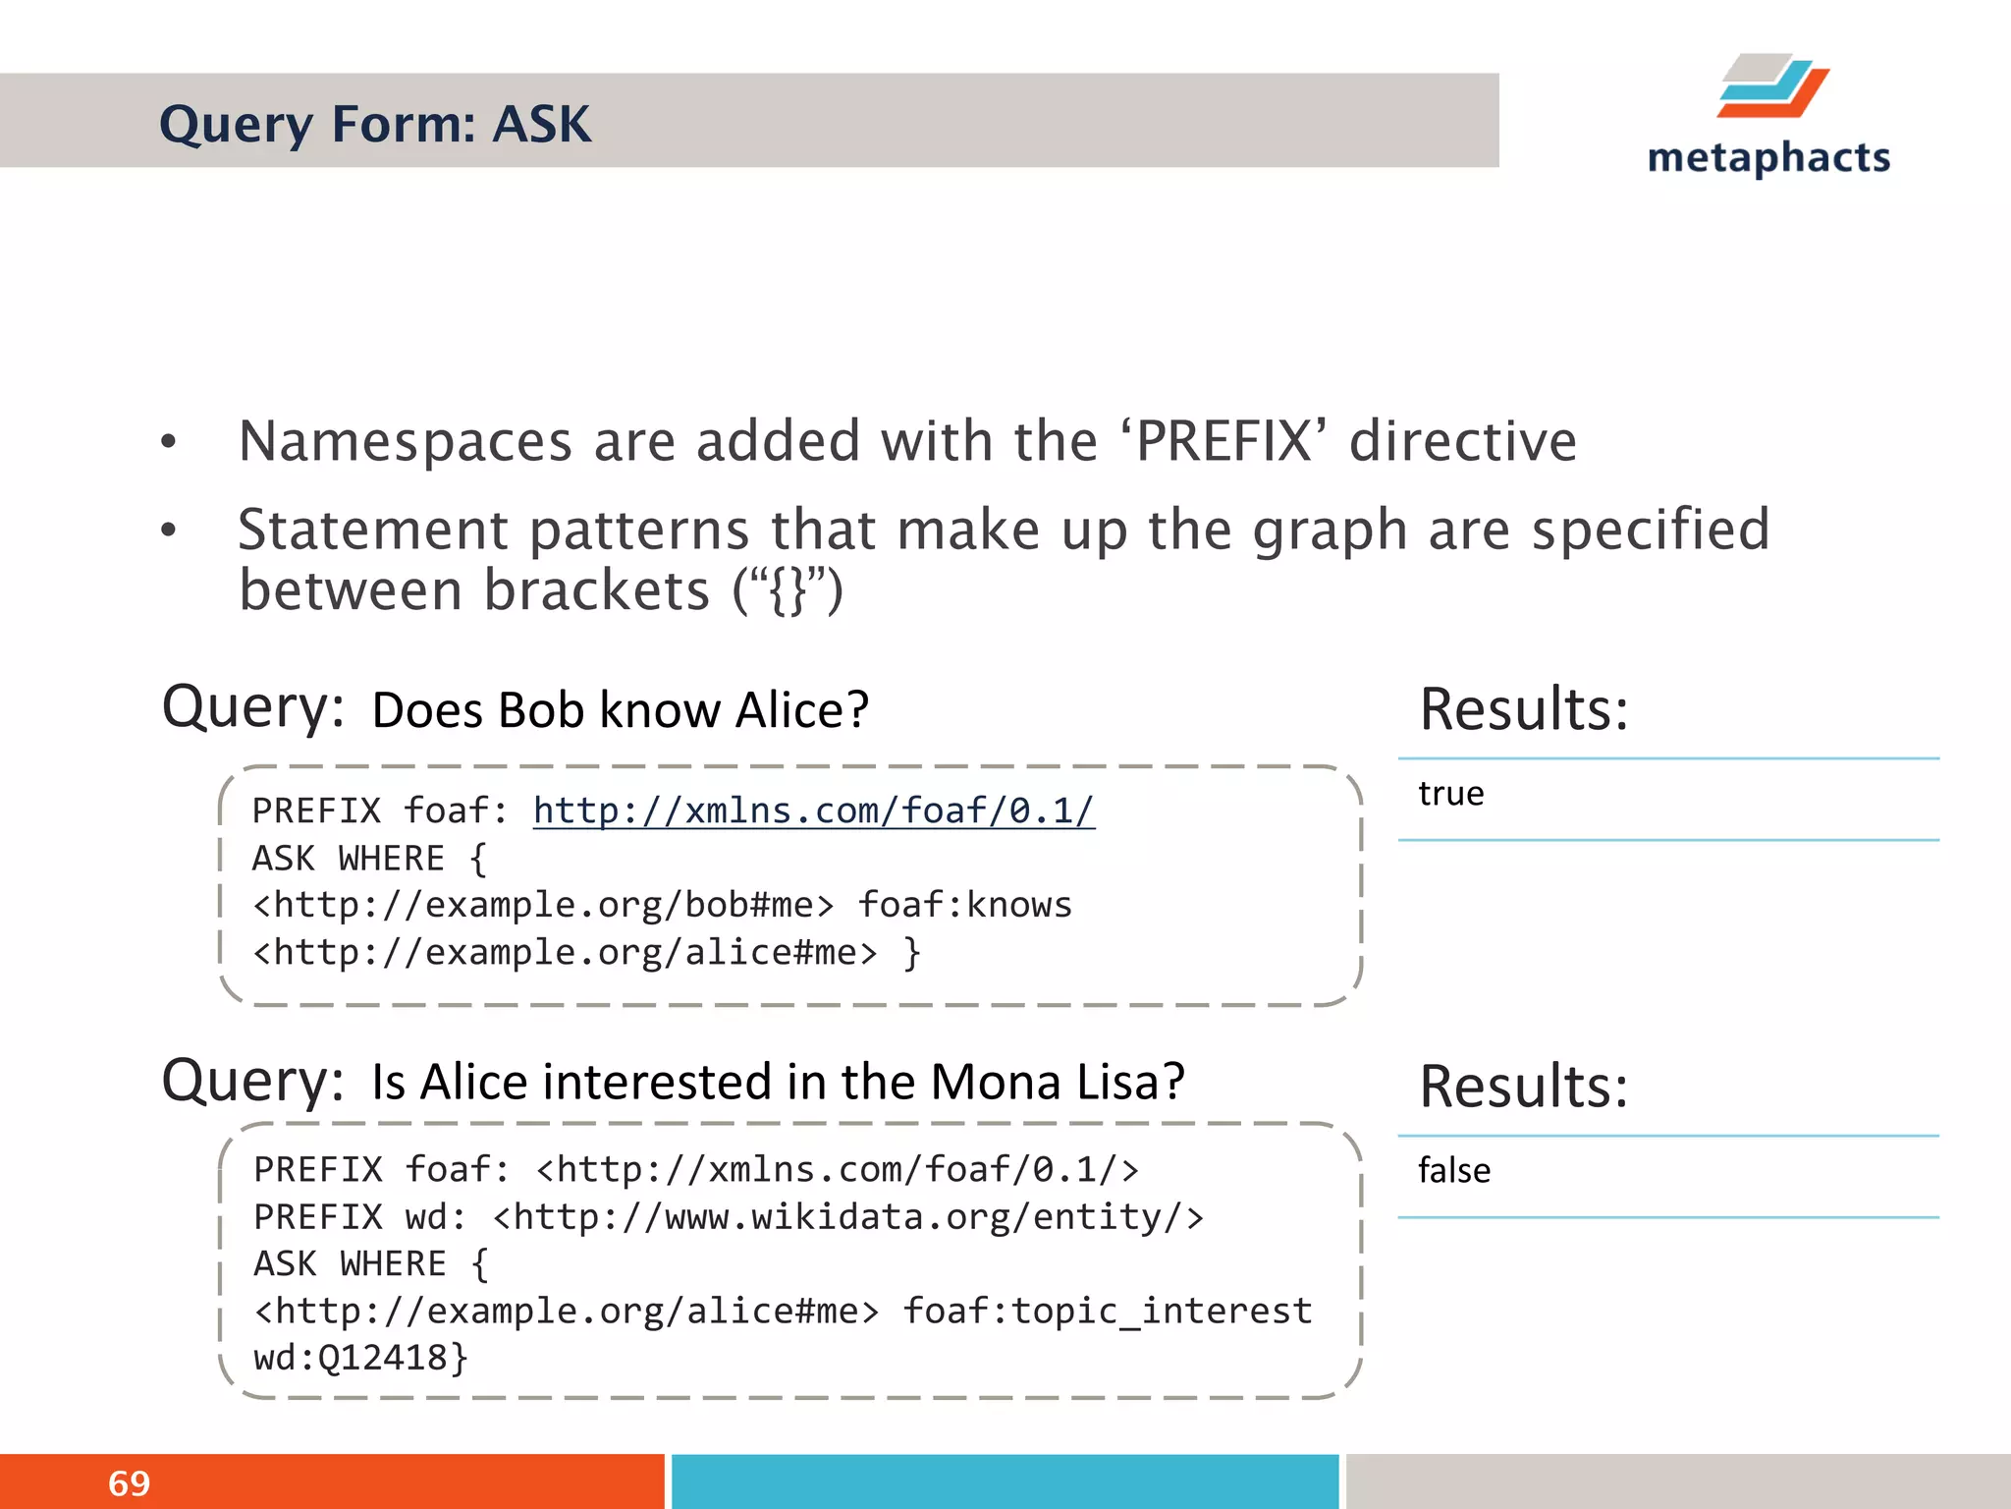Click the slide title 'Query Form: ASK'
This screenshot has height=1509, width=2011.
375,125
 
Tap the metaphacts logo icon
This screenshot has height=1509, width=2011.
1772,86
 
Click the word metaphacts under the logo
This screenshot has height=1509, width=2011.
1768,158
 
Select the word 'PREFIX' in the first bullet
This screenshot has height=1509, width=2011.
1223,441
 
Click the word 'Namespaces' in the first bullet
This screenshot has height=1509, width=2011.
406,441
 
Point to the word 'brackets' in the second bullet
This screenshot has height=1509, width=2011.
596,590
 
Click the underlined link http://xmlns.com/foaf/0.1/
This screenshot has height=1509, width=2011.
813,811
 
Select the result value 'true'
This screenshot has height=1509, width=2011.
1450,794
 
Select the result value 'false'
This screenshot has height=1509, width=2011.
1453,1171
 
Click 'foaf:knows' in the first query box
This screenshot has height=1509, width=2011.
964,906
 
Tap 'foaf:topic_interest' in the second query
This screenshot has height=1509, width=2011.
1107,1312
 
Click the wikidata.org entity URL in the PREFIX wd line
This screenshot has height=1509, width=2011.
847,1218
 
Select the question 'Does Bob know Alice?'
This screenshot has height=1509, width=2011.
620,710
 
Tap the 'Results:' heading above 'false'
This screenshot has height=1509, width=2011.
1523,1087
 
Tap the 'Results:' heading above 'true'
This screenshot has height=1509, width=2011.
1523,709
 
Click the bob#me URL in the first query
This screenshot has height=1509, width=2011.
543,906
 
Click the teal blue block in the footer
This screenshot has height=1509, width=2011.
1005,1481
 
